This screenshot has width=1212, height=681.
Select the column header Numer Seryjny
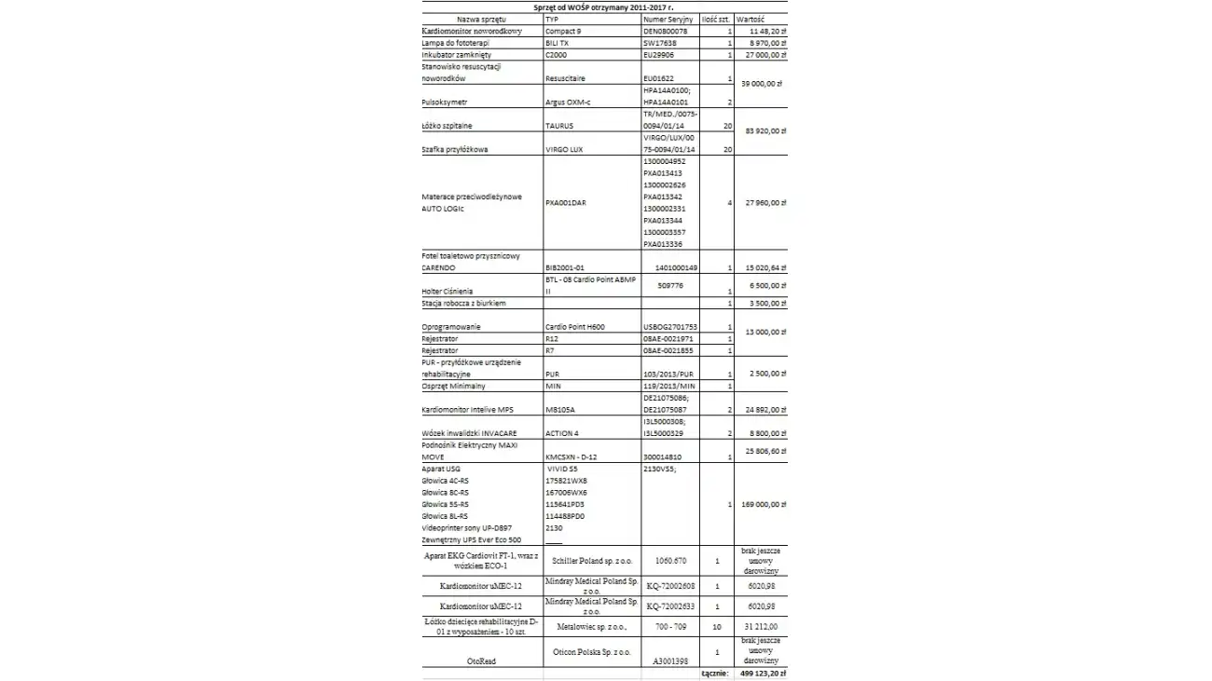(x=668, y=19)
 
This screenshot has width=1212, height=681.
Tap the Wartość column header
(x=751, y=19)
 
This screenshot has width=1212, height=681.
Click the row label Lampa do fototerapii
(x=456, y=43)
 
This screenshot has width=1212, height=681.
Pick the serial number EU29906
(x=659, y=55)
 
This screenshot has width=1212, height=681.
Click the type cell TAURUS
(x=559, y=125)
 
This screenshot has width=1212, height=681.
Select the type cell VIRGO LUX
(x=563, y=149)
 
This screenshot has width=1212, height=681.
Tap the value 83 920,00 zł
(x=762, y=131)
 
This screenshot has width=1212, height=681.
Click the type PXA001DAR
(x=566, y=202)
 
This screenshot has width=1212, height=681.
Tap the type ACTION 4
(x=562, y=433)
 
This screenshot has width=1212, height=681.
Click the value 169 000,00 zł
(x=760, y=504)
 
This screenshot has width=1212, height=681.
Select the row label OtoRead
(x=482, y=661)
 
